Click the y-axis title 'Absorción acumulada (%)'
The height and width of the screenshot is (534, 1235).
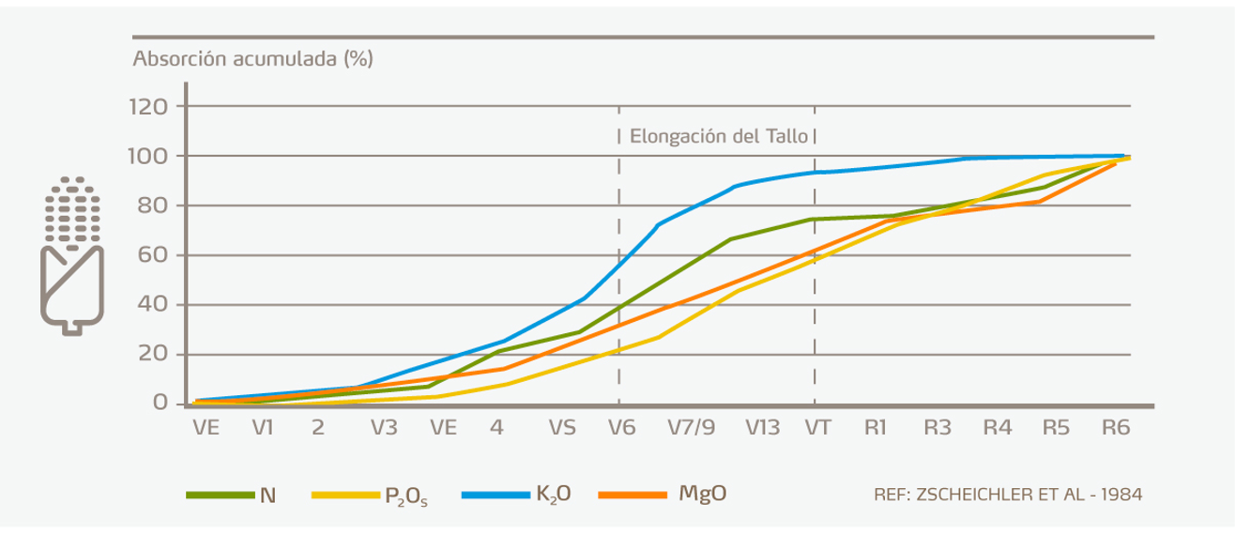[253, 59]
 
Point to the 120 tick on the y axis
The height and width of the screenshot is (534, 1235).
[147, 107]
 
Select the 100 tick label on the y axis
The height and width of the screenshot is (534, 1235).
[147, 156]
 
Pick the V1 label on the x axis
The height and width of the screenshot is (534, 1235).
[262, 427]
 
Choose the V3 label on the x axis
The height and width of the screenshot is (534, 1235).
[383, 427]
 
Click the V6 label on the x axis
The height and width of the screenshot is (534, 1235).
[620, 427]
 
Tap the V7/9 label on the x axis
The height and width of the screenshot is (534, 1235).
[692, 427]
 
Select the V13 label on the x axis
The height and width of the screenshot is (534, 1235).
[762, 427]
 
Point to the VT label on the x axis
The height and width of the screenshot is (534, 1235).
[817, 427]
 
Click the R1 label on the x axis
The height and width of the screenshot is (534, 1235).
[877, 427]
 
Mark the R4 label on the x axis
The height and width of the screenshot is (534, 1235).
[998, 427]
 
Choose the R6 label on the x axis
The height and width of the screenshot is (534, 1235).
[1116, 427]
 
